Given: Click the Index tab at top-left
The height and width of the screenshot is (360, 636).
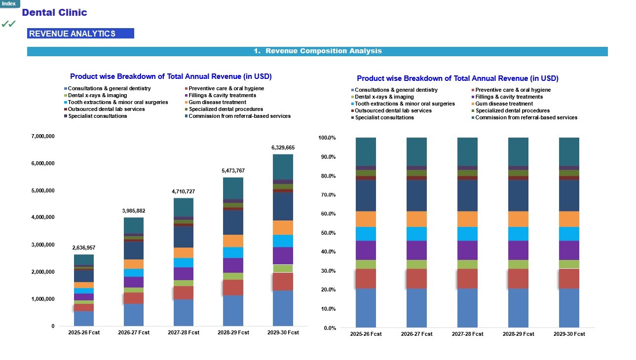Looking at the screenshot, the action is click(x=9, y=3).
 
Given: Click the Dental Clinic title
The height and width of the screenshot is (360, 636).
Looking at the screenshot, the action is click(x=54, y=12).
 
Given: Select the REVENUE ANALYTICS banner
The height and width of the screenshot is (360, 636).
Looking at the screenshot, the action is click(x=80, y=34).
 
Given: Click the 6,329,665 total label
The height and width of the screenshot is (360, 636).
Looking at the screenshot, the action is click(x=283, y=147).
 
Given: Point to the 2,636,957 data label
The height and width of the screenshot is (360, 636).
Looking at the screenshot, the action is click(x=84, y=248).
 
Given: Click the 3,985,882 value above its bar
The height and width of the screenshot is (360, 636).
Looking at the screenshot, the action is click(x=133, y=211).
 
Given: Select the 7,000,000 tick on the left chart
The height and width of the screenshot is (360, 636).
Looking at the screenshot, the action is click(x=43, y=137).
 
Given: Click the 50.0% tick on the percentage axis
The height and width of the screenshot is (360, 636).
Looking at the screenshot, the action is click(x=328, y=233).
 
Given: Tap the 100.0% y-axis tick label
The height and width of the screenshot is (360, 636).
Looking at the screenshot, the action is click(x=327, y=138).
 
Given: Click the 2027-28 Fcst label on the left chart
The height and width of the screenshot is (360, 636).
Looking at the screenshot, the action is click(x=184, y=332).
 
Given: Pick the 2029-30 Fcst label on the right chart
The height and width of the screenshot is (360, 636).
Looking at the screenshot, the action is click(x=569, y=334).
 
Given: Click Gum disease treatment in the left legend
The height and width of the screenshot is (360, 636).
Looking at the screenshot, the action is click(x=217, y=102).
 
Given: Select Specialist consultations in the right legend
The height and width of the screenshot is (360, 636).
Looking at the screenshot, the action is click(x=384, y=117).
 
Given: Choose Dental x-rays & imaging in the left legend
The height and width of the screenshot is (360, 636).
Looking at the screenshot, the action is click(x=97, y=95).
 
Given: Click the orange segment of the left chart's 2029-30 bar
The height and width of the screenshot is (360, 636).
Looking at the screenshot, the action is click(x=283, y=227).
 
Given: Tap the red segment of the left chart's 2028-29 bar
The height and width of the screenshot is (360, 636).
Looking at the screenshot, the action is click(x=233, y=288).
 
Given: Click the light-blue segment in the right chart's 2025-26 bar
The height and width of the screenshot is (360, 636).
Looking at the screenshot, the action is click(x=366, y=234).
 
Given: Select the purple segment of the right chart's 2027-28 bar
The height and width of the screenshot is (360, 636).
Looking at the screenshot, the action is click(x=467, y=250).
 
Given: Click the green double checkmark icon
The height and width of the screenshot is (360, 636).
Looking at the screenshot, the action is click(x=8, y=24).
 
